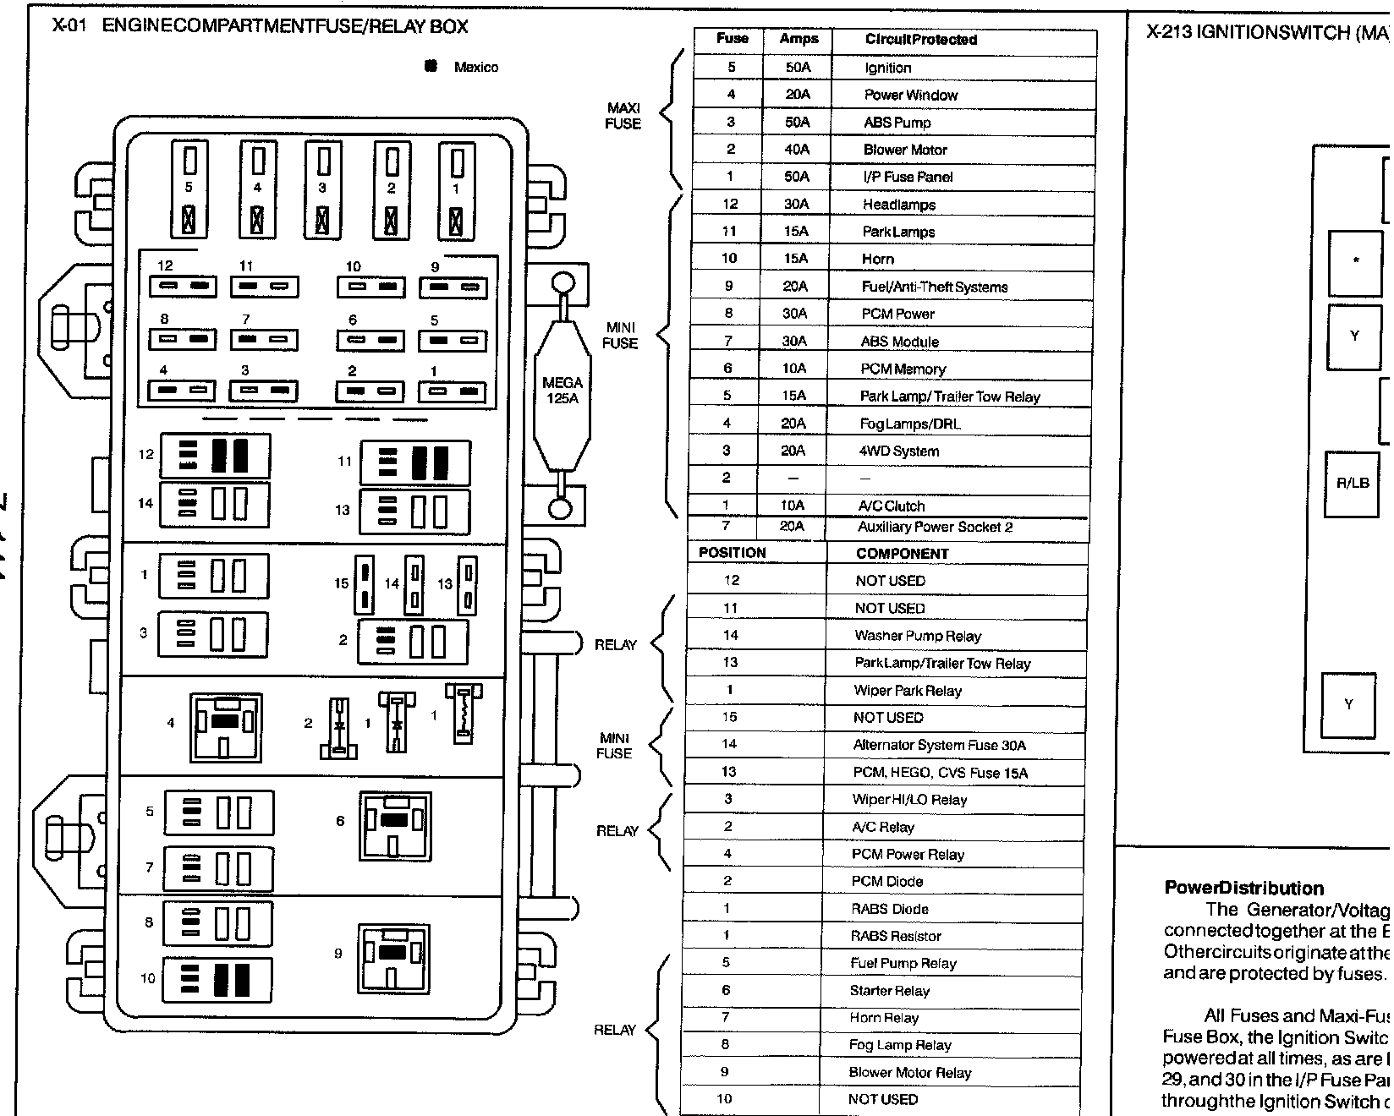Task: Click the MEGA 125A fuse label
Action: coord(563,390)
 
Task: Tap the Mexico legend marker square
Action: coord(431,66)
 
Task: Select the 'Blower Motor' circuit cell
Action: coord(904,150)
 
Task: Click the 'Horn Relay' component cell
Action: coord(884,1018)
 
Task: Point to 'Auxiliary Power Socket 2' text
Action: coord(935,527)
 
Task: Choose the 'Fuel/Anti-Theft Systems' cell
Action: coord(934,287)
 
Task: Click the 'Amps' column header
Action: coord(799,39)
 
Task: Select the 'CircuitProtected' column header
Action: coord(920,40)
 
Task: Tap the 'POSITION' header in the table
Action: coord(732,553)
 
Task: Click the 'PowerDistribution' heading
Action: coord(1243,888)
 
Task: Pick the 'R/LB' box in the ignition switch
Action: coord(1352,484)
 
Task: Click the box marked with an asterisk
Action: coord(1355,261)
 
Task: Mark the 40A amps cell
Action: coord(797,150)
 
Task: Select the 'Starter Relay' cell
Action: coord(889,991)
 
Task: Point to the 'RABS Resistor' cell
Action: coord(895,936)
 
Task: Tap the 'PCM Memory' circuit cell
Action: coord(903,369)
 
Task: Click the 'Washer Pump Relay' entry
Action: coord(917,636)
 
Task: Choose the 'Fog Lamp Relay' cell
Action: coord(900,1045)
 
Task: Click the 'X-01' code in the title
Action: coord(69,26)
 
